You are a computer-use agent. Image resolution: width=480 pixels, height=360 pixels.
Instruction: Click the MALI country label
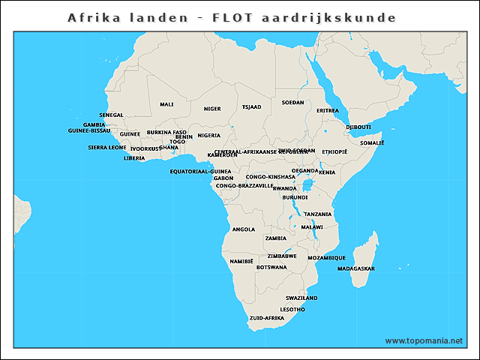[166, 104]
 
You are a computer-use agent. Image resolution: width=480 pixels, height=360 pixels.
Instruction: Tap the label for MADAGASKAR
[356, 268]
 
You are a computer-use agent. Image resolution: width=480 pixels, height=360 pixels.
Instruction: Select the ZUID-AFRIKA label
[267, 318]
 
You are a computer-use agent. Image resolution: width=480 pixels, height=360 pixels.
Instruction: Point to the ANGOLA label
[244, 229]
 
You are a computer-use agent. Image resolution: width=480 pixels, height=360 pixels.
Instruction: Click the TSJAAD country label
[251, 107]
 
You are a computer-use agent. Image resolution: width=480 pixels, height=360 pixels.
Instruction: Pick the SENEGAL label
[111, 115]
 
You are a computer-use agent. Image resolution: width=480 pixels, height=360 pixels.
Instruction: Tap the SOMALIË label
[372, 142]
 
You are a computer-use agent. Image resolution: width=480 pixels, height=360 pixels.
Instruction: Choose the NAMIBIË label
[241, 262]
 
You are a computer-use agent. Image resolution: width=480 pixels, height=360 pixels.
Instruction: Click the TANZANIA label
[318, 214]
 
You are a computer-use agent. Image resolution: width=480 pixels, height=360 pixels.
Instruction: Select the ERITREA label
[328, 110]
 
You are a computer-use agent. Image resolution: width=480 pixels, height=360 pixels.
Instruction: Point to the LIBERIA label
[134, 158]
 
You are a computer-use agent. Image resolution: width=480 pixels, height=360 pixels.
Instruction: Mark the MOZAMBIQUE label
[327, 257]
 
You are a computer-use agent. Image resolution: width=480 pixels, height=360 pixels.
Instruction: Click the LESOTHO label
[292, 309]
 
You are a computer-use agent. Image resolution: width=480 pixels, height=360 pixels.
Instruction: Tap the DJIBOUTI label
[358, 127]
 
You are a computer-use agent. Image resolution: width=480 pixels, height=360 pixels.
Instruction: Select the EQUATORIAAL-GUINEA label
[201, 171]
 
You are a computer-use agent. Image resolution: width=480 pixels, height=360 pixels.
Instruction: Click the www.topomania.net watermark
[424, 340]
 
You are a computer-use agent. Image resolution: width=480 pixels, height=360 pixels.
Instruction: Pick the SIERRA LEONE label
[107, 148]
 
